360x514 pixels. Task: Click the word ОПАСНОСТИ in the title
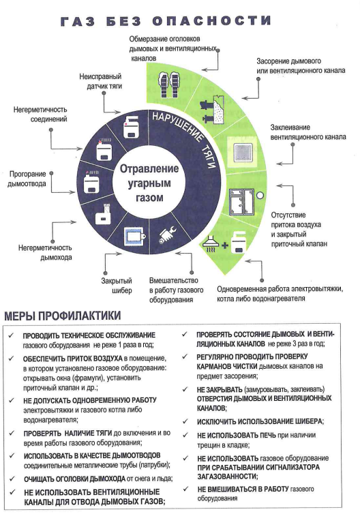click(211, 21)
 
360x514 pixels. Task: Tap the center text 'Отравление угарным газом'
click(149, 183)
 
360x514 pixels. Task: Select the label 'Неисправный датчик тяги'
click(101, 81)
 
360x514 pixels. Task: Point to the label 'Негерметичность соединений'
click(40, 114)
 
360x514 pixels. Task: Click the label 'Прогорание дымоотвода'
click(27, 179)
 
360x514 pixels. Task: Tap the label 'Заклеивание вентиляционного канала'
click(308, 132)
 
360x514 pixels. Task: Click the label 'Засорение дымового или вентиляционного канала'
click(301, 65)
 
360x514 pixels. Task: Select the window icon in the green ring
click(241, 201)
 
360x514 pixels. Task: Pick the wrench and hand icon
click(168, 235)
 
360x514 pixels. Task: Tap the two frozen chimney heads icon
click(169, 84)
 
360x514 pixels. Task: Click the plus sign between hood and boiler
click(224, 245)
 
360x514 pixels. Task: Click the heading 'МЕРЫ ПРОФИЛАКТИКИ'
click(62, 316)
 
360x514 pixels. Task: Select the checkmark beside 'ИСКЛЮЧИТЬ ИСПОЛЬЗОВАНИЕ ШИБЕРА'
click(185, 421)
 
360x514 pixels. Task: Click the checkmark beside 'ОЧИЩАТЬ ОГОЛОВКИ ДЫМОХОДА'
click(12, 479)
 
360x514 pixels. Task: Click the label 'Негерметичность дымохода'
click(45, 252)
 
